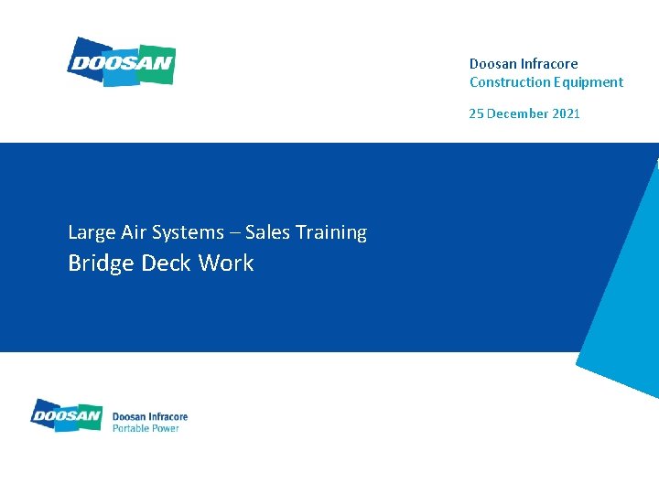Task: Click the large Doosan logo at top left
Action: [x=121, y=62]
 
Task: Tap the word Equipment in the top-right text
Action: [x=585, y=82]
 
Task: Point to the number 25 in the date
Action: [x=476, y=113]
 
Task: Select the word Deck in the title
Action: [x=167, y=263]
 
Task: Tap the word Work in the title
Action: [x=226, y=263]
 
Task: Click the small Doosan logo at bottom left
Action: [x=66, y=415]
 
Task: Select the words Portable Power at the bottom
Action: [x=146, y=428]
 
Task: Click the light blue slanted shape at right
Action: [x=622, y=302]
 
